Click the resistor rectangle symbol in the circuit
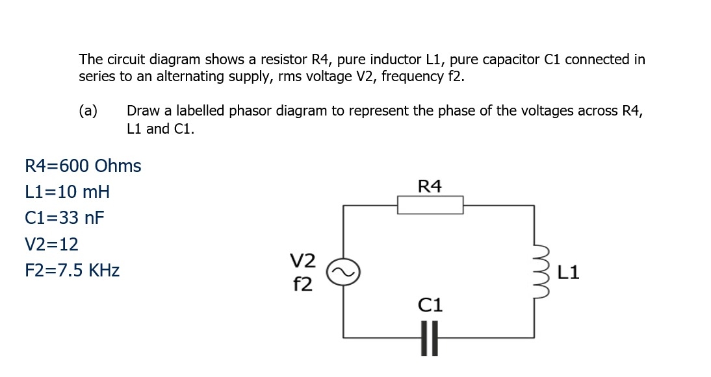[430, 205]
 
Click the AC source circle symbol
[342, 273]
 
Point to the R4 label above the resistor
[430, 187]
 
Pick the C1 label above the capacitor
[430, 304]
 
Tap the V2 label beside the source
[302, 261]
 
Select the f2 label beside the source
[302, 283]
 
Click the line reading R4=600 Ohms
[83, 166]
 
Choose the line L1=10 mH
[67, 192]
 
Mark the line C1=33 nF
[64, 218]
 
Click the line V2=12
[51, 245]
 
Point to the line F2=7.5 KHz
[71, 271]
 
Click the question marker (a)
[88, 111]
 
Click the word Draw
[142, 111]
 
